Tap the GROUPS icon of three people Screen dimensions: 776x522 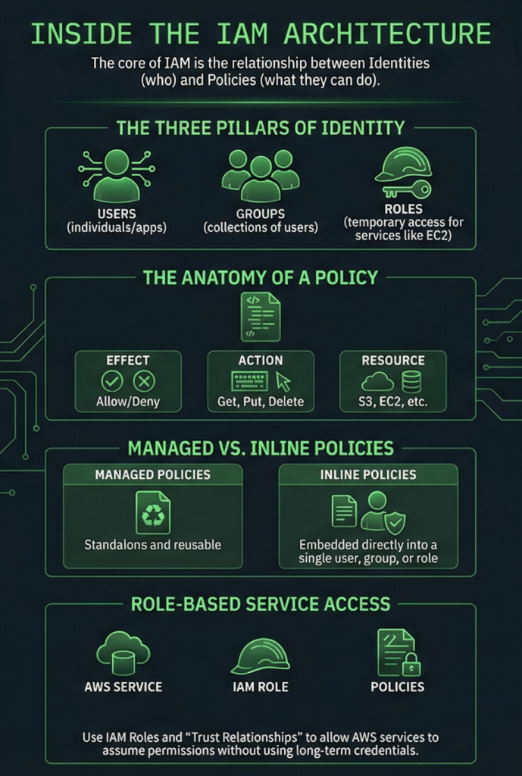260,174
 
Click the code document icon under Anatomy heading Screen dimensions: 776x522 260,315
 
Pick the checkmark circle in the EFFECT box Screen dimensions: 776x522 111,381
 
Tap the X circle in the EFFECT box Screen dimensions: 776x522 144,381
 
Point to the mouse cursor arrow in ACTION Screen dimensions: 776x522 284,381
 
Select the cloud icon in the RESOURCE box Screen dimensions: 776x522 377,381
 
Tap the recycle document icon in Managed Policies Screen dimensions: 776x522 153,512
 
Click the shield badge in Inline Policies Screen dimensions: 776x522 395,523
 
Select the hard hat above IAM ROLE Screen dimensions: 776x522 260,655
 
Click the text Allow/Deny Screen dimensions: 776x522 128,402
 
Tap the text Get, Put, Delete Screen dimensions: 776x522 260,402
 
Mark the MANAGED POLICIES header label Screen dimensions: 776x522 152,474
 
